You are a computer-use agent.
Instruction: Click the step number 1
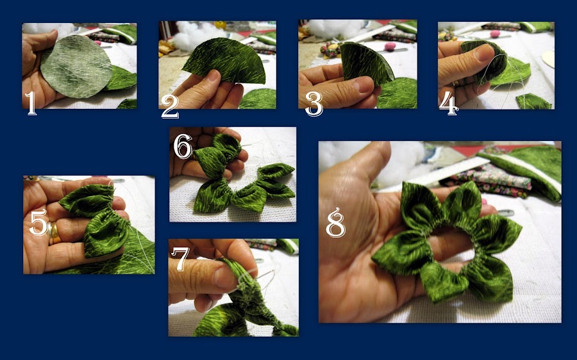coord(31,103)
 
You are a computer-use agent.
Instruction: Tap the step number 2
coord(170,106)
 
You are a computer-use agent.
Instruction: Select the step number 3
coord(314,104)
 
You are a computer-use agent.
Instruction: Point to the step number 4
coord(449,104)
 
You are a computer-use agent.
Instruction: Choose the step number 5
coord(38,222)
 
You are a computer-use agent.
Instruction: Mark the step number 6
coord(183,146)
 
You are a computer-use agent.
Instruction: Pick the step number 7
coord(180,259)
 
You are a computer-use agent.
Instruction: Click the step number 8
coord(335,222)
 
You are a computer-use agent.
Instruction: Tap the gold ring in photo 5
coord(54,233)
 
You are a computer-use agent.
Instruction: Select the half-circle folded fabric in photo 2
coord(226,61)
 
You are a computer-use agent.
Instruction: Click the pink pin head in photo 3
coord(390,46)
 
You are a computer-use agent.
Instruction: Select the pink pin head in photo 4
coord(496,34)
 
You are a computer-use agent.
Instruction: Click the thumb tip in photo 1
coord(51,35)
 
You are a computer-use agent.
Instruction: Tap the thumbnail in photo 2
coord(213,76)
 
